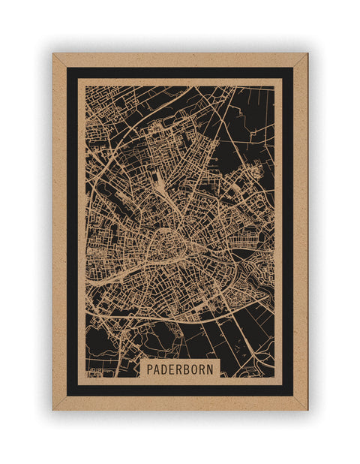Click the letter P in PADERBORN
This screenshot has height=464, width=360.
pyautogui.click(x=150, y=369)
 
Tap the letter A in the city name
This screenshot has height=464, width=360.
pyautogui.click(x=158, y=369)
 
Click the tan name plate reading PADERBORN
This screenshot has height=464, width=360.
pyautogui.click(x=181, y=369)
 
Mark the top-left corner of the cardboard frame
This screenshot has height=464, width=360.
pyautogui.click(x=53, y=54)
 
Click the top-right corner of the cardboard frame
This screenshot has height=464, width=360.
pyautogui.click(x=307, y=54)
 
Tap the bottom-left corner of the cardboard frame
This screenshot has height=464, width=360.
pyautogui.click(x=53, y=409)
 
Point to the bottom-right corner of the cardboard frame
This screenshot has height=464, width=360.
pyautogui.click(x=307, y=409)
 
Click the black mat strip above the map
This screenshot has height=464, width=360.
pyautogui.click(x=180, y=73)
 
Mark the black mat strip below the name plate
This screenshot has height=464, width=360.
pyautogui.click(x=180, y=390)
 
